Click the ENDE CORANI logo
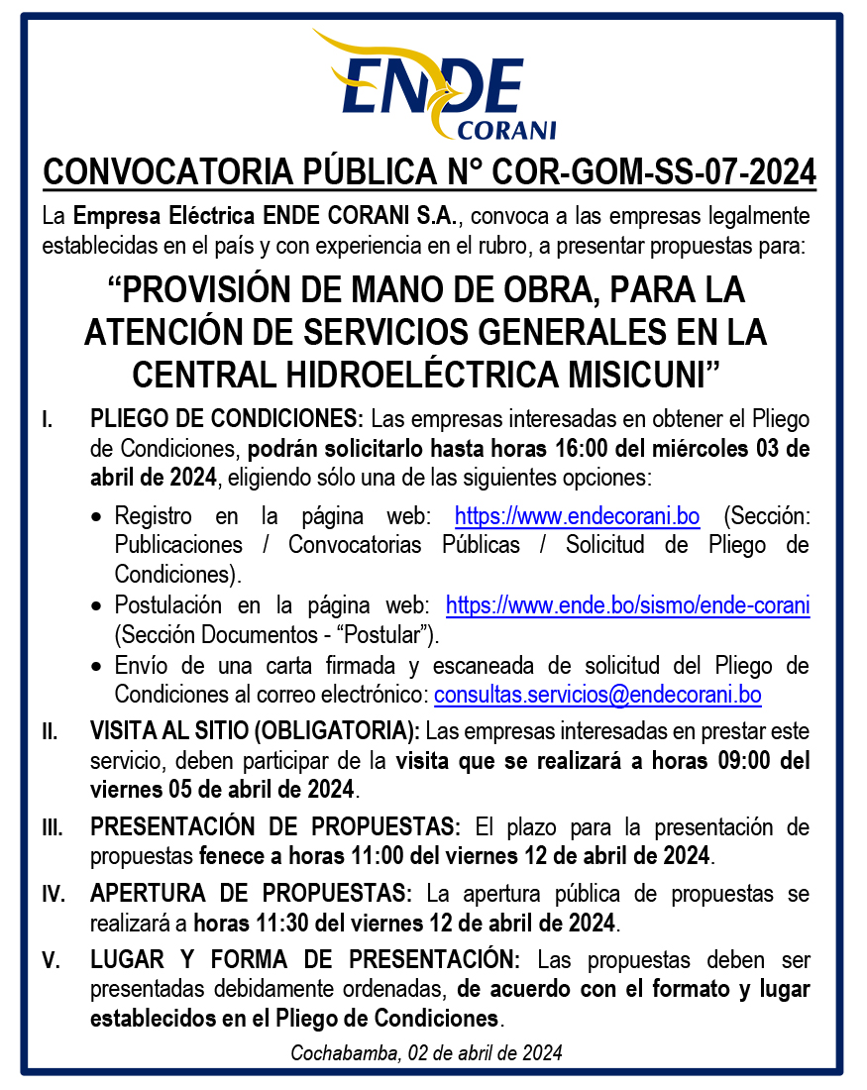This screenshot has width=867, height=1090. pyautogui.click(x=434, y=87)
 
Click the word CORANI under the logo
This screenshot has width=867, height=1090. pyautogui.click(x=507, y=130)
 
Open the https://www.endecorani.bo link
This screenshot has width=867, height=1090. pyautogui.click(x=577, y=516)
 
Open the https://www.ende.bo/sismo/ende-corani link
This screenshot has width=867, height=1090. pyautogui.click(x=627, y=605)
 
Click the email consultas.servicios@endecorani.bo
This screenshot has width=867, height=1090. pyautogui.click(x=597, y=695)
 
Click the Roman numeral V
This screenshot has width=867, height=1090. pyautogui.click(x=51, y=961)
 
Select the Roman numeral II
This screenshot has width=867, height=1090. pyautogui.click(x=50, y=733)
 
